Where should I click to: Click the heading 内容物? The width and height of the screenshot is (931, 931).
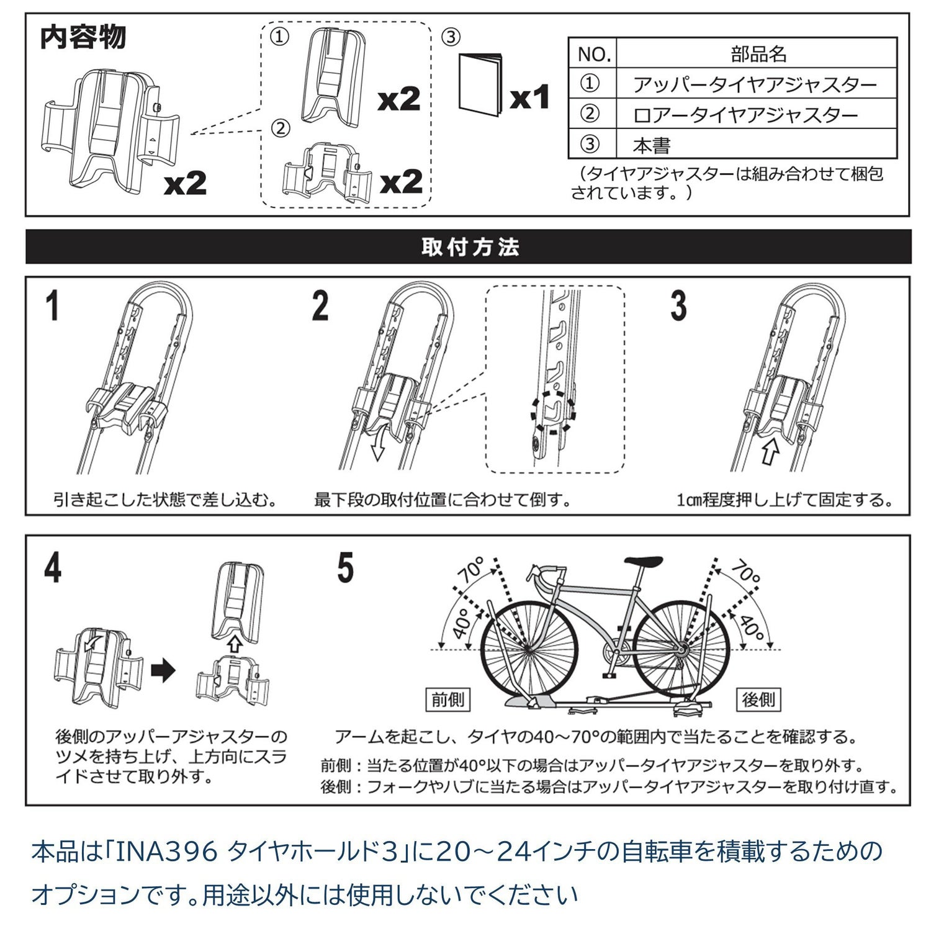(83, 37)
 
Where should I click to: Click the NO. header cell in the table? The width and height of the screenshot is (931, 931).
(593, 53)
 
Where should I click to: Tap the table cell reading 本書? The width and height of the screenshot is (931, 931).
(652, 146)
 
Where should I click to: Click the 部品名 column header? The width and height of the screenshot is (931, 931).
(758, 53)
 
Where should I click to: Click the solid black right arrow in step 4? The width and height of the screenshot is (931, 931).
(164, 670)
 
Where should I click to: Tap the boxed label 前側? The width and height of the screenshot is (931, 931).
(448, 699)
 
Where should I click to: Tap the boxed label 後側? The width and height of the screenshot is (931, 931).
(758, 699)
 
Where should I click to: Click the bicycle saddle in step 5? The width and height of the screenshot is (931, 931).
(643, 562)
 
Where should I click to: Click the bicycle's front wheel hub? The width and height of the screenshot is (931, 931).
(528, 649)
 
